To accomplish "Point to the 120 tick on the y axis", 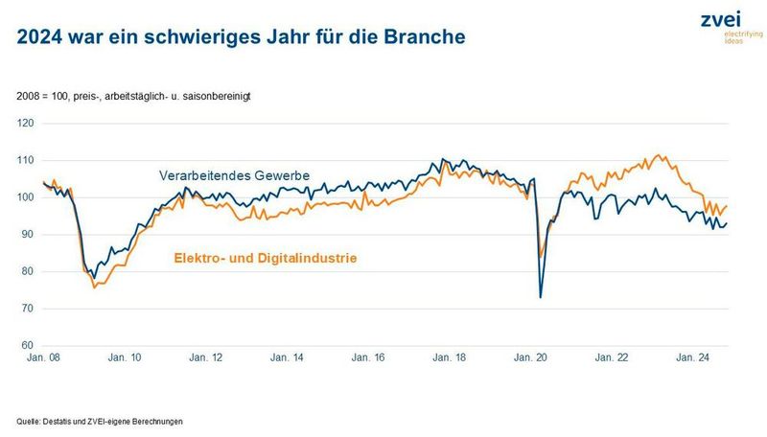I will click(26, 124).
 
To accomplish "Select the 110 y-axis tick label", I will click(26, 160).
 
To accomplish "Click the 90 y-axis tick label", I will click(28, 235).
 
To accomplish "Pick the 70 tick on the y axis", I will click(28, 309).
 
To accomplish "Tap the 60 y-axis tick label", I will click(28, 345).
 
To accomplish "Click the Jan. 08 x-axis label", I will click(42, 357).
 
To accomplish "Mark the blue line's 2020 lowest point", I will click(541, 297).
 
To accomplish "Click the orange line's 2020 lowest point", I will click(542, 257).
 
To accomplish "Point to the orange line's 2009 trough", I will click(93, 287).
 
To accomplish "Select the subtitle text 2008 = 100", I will click(44, 98).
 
